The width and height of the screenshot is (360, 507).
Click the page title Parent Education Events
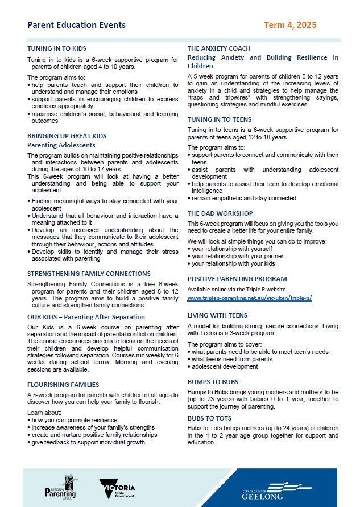[77, 25]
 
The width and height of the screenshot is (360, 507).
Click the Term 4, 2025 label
[290, 25]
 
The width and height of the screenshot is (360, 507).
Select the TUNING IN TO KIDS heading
[57, 49]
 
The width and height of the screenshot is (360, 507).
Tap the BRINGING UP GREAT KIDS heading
[67, 136]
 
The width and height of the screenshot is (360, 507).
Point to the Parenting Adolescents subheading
[57, 145]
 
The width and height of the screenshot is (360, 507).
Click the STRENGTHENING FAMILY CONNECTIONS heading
[89, 274]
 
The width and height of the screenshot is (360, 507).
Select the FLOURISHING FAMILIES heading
[63, 385]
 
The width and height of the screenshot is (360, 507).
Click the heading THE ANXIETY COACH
[219, 49]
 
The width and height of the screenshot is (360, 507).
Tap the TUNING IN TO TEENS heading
[218, 119]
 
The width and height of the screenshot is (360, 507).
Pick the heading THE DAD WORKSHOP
[220, 213]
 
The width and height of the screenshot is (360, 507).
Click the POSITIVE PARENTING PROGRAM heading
[237, 279]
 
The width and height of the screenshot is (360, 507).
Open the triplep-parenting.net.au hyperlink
[250, 298]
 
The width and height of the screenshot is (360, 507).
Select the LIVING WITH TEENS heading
[217, 315]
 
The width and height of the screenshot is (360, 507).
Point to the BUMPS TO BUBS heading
[213, 382]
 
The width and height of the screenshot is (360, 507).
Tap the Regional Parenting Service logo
[60, 487]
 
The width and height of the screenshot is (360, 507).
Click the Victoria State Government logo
[117, 488]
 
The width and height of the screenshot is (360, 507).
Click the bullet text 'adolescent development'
[225, 367]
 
